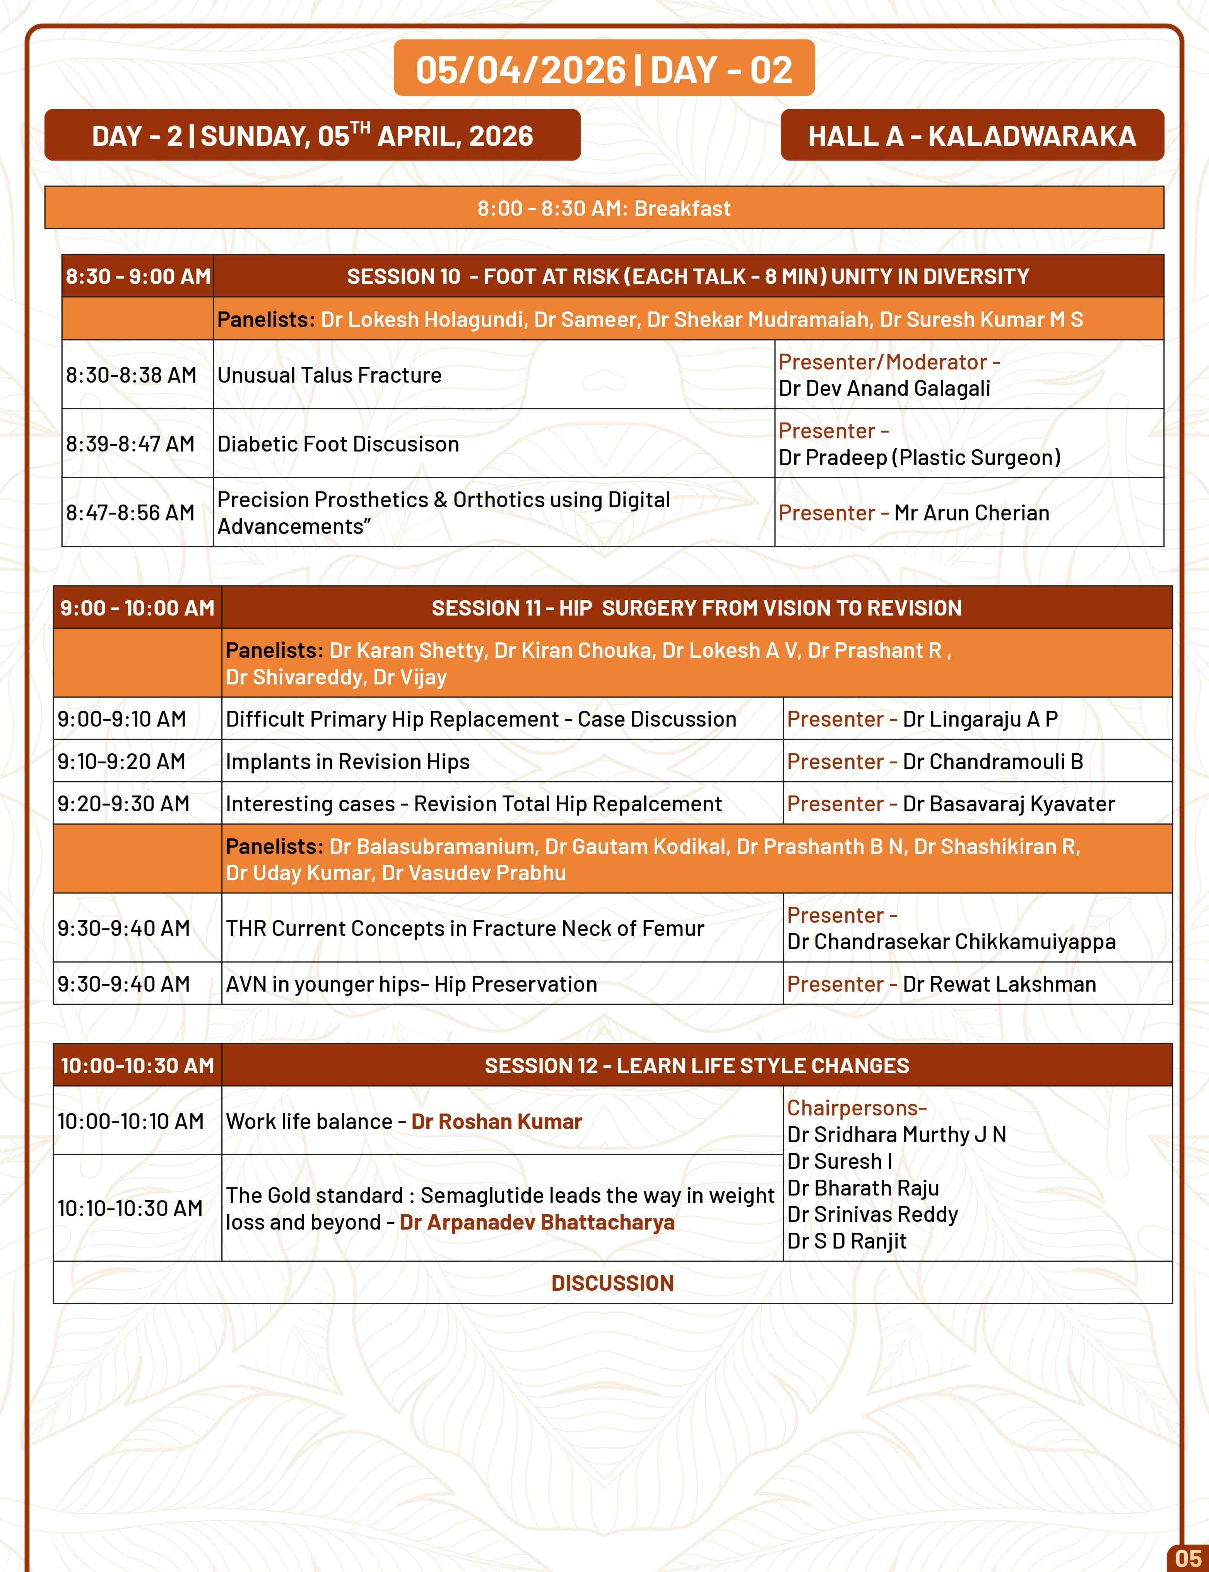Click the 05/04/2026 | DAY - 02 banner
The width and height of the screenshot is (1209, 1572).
[604, 69]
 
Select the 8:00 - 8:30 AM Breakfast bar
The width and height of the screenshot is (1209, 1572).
[604, 208]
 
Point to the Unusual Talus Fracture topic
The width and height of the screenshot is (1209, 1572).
[330, 375]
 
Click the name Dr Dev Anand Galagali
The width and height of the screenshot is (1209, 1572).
[884, 389]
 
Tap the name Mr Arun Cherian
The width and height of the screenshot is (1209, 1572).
[971, 513]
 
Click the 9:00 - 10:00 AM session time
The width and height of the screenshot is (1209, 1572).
[137, 608]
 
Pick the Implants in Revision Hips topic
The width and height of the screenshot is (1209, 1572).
[347, 761]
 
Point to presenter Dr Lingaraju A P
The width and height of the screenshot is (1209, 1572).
[980, 719]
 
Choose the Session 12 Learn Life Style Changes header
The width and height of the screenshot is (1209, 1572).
[697, 1065]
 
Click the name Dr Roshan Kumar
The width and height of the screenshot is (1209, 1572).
[496, 1121]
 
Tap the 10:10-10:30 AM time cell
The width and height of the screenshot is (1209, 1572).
[130, 1208]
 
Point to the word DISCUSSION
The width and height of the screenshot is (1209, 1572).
[612, 1283]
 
